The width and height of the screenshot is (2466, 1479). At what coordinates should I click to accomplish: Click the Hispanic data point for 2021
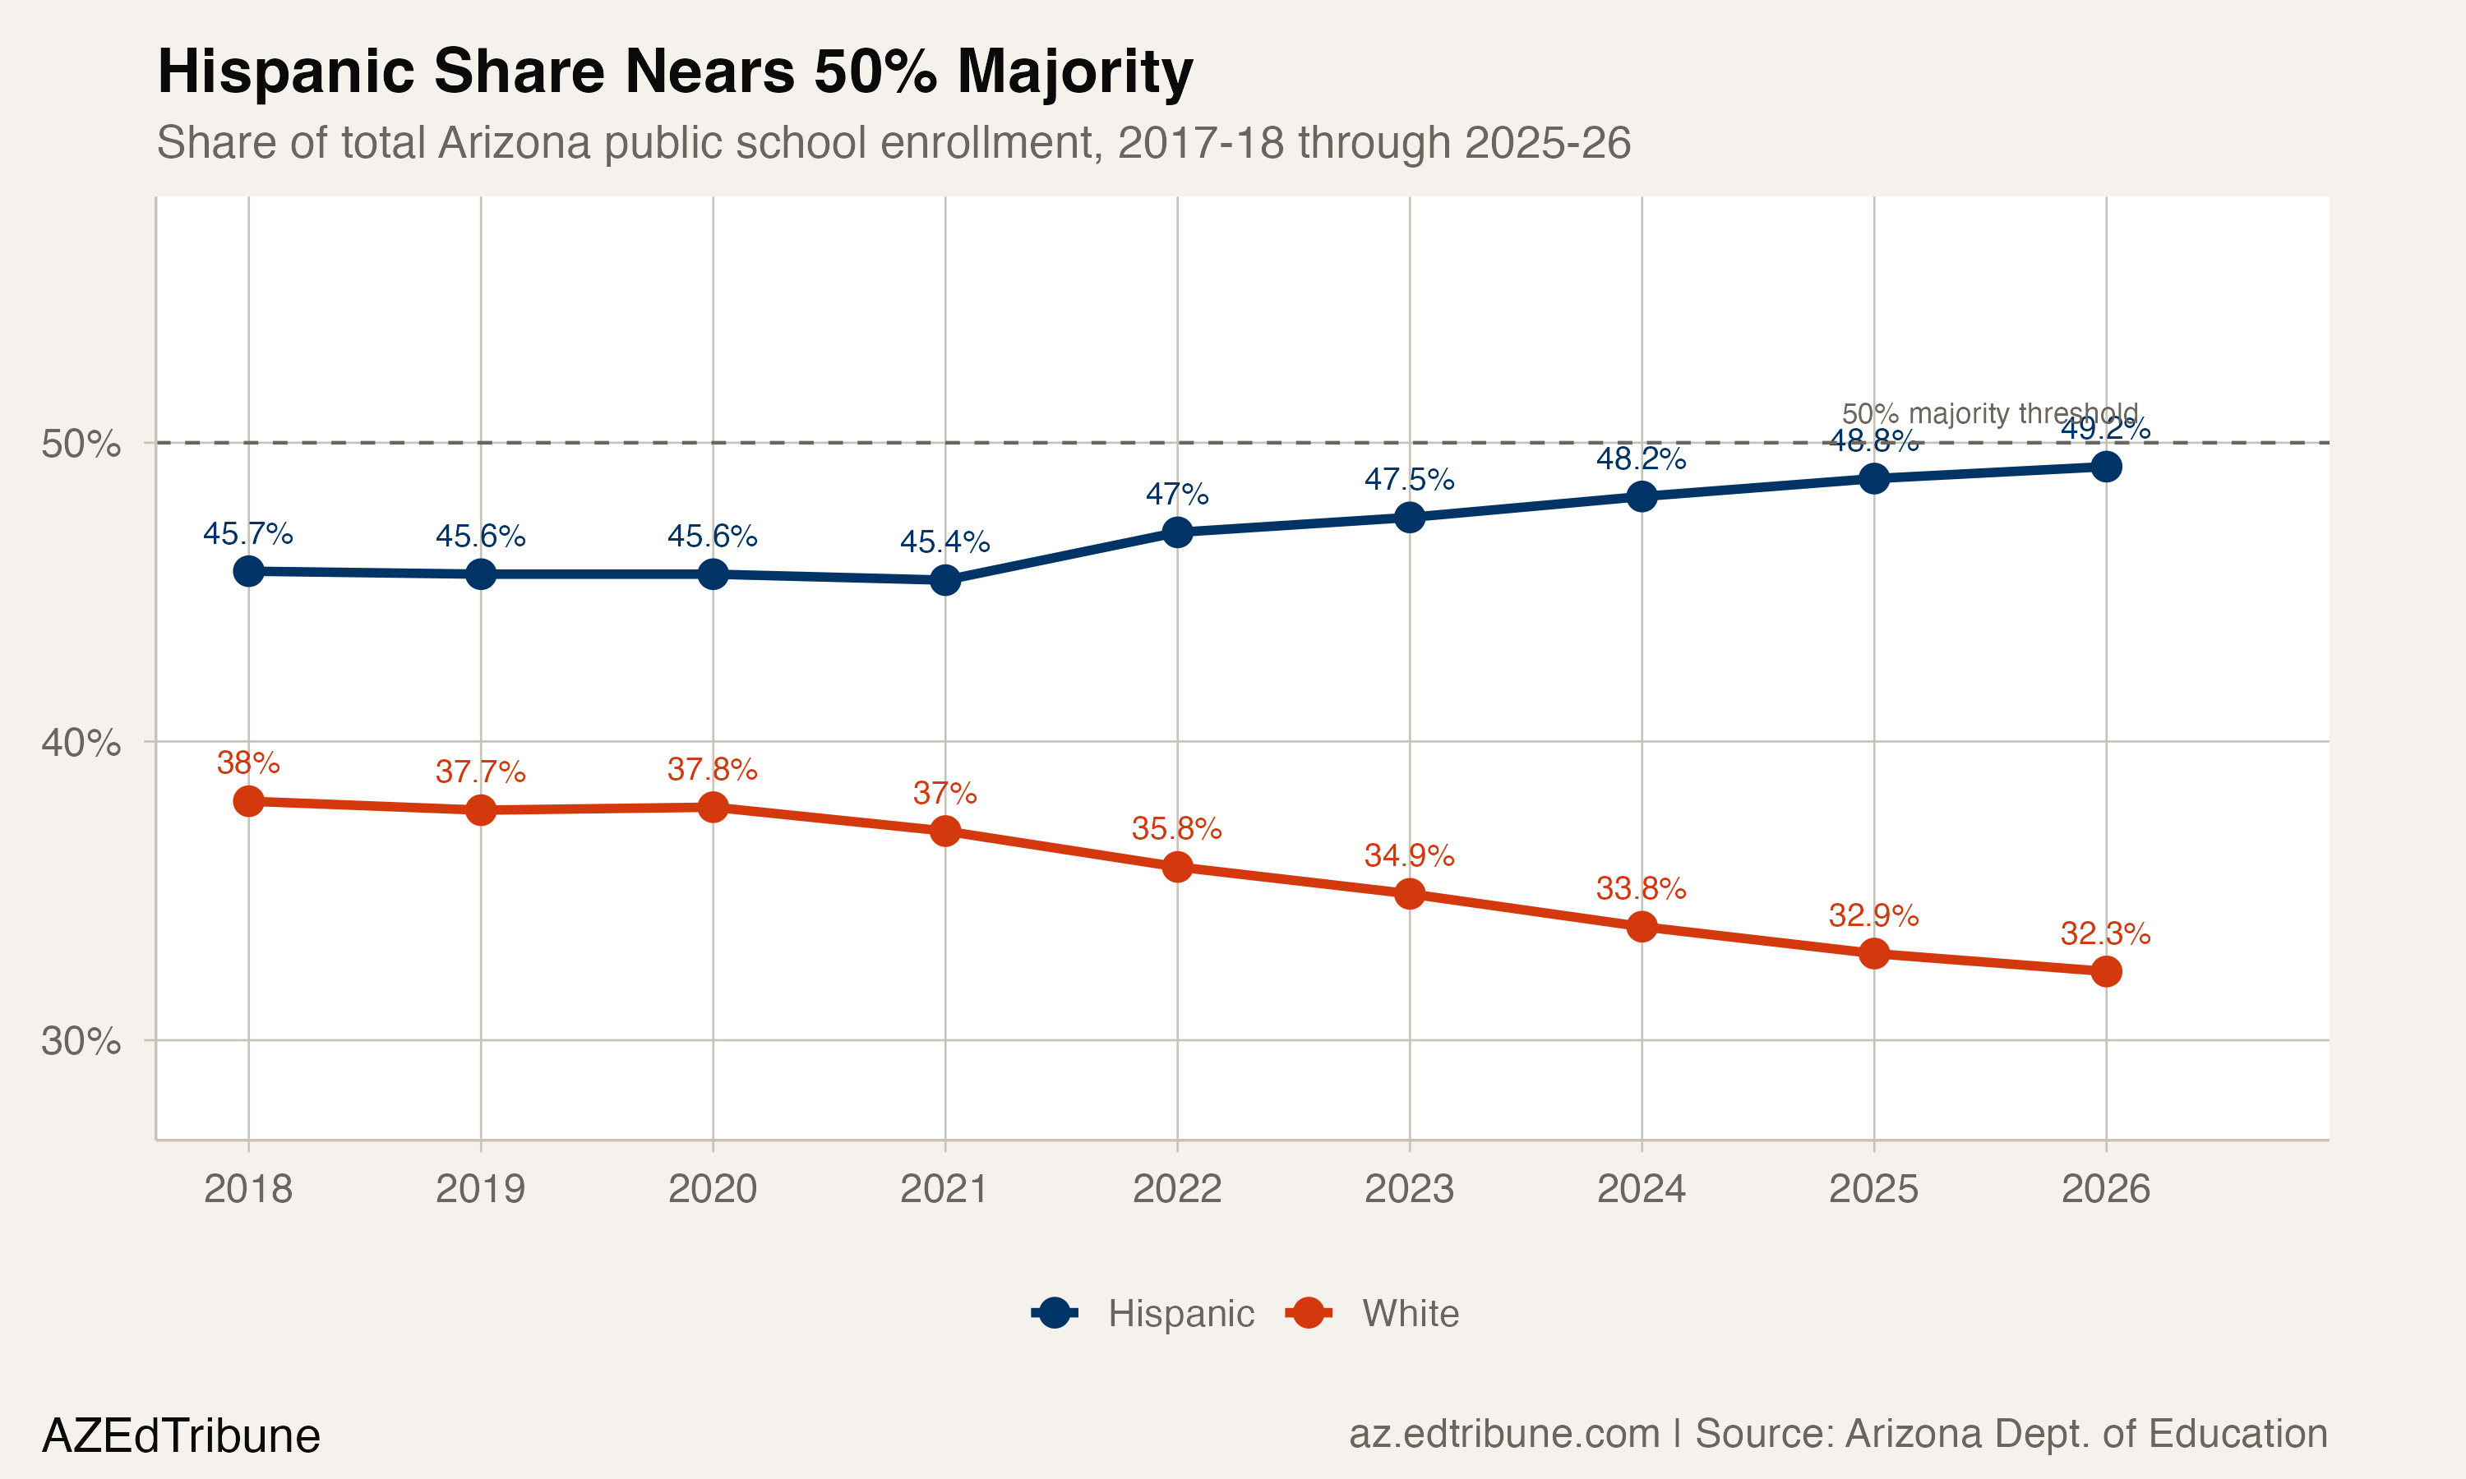pos(945,580)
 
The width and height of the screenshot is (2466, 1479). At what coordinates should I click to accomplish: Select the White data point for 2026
pos(2105,970)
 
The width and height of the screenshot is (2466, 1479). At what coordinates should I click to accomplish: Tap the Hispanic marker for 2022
pos(1177,532)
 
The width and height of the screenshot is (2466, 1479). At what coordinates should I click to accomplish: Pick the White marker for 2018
pos(248,801)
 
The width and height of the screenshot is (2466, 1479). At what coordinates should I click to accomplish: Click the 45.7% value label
pos(248,534)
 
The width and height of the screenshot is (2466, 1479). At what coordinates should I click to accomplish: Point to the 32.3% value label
pos(2105,934)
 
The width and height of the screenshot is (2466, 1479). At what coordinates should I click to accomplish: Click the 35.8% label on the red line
pos(1176,828)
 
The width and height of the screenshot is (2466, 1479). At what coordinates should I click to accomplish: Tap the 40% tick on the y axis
pos(81,743)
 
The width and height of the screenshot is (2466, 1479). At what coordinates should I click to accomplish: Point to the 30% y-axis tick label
pos(81,1042)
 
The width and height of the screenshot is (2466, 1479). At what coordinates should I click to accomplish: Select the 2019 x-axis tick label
pos(480,1189)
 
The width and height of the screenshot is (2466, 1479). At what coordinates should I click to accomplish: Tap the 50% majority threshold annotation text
pos(1989,413)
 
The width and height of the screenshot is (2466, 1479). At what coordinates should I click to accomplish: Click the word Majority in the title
pos(1074,71)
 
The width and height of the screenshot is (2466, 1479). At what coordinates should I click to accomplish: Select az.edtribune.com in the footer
pos(1503,1434)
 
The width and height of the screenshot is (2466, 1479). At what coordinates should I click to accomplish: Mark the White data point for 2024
pos(1642,927)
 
